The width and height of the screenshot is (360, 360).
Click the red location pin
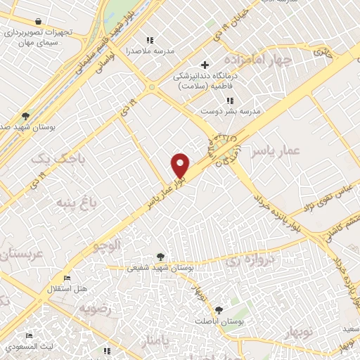181,165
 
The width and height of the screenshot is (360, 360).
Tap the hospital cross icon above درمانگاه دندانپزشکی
205,65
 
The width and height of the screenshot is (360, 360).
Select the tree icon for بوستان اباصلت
219,310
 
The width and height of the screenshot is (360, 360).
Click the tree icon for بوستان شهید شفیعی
161,257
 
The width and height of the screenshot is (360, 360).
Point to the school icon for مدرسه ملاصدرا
148,40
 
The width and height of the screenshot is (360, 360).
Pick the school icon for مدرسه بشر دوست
229,101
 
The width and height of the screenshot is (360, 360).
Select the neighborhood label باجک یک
60,160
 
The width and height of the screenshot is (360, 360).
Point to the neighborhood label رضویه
96,308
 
